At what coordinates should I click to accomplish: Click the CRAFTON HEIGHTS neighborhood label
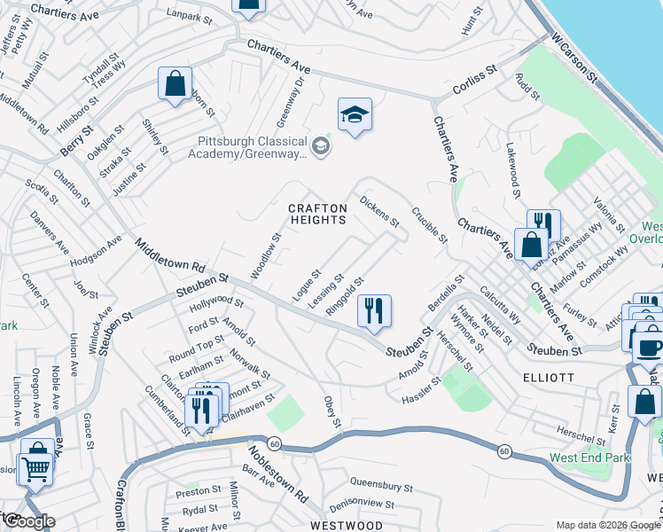click(x=316, y=214)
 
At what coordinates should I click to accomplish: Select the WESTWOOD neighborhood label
click(x=347, y=525)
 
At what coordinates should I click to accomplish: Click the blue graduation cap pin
click(x=355, y=115)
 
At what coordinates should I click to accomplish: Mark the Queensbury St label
click(x=382, y=486)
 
